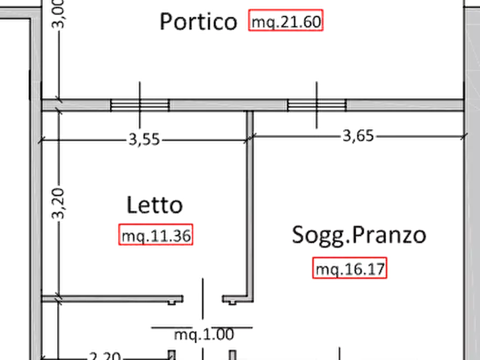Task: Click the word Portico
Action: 198,21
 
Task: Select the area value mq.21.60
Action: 286,23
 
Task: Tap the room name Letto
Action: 155,205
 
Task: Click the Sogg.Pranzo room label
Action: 359,235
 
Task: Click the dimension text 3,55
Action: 144,140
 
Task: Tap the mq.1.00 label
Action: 203,334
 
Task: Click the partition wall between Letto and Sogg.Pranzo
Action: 250,204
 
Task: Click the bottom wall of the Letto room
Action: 118,297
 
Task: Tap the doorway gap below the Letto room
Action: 203,297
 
